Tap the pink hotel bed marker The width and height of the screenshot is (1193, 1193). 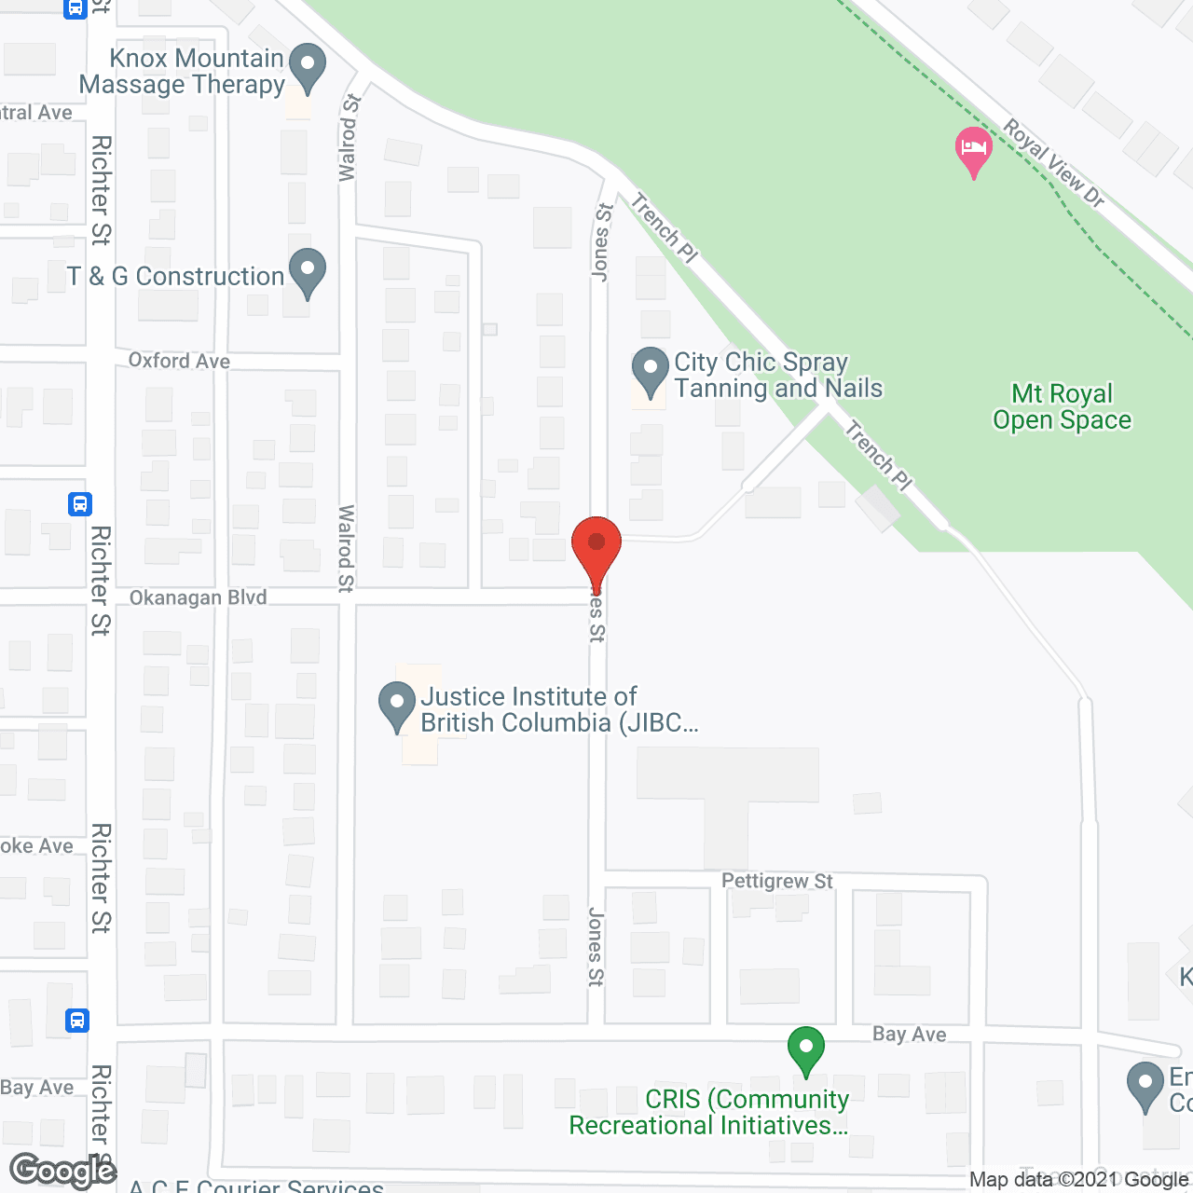[973, 149]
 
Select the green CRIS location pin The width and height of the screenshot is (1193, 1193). [806, 1049]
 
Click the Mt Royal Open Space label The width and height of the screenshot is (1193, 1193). [1062, 407]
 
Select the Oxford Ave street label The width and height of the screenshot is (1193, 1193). [179, 361]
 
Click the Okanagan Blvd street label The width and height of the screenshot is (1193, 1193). [198, 597]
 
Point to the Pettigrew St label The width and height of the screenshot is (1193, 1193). [777, 881]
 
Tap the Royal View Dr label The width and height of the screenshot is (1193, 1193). [1054, 163]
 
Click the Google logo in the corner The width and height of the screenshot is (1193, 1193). [63, 1171]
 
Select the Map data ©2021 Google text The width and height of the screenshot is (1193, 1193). [1078, 1180]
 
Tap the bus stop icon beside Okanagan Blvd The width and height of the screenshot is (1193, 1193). [80, 504]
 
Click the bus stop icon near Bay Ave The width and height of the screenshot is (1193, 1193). [78, 1021]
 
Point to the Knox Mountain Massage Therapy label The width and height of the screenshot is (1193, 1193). [182, 71]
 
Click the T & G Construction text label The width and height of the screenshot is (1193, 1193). [175, 277]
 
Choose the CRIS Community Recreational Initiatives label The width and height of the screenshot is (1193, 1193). [708, 1112]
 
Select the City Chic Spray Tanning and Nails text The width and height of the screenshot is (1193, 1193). [778, 375]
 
